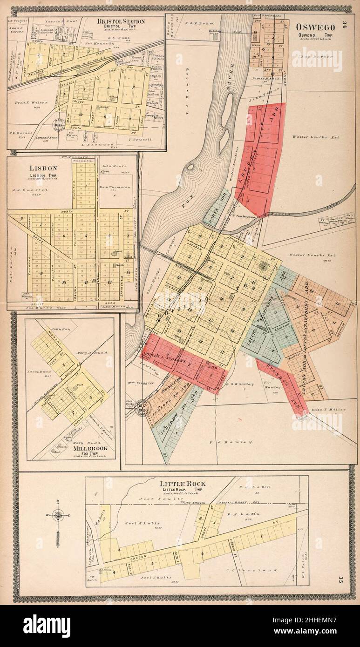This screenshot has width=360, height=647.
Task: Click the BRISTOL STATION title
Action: (121, 21)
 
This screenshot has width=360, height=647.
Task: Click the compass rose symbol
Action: (58, 516)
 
